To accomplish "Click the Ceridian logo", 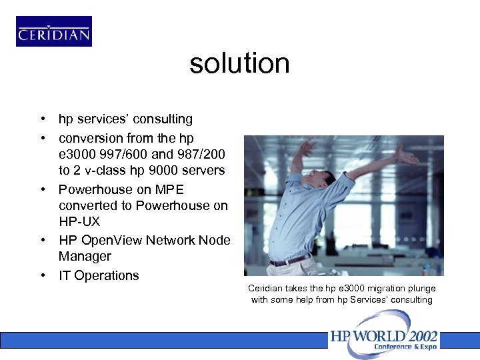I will [54, 31].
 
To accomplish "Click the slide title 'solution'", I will [239, 64].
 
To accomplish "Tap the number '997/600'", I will [116, 155].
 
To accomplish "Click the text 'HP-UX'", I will [79, 222].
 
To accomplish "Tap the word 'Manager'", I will [85, 257].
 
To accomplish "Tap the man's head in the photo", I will [325, 179].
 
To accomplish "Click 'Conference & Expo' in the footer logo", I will [406, 347].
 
